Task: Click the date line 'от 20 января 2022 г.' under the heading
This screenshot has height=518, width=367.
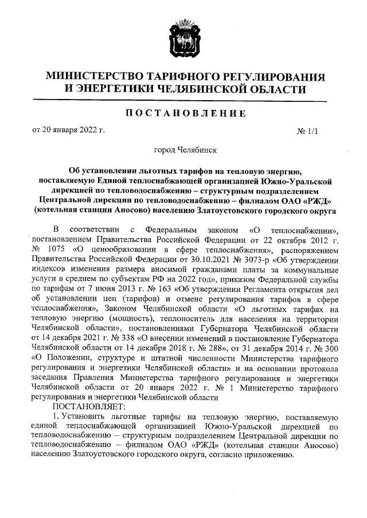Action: click(68, 130)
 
